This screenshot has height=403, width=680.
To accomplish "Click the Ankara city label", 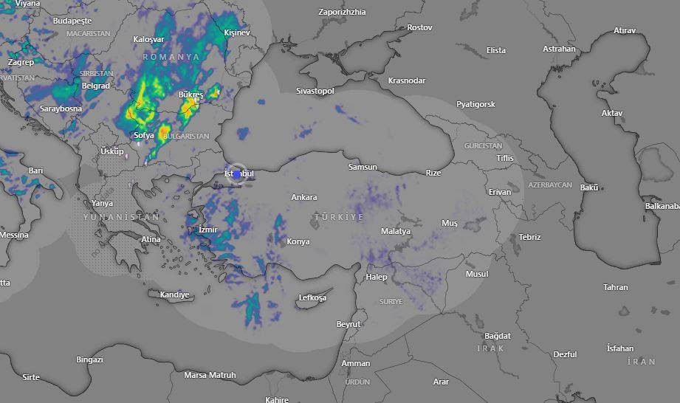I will click(304, 197).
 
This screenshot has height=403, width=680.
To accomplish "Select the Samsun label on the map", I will click(363, 168).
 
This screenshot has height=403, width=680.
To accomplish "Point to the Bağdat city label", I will click(497, 336).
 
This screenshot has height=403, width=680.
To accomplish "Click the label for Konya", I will click(298, 241).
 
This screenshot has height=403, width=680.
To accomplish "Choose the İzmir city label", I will click(208, 230).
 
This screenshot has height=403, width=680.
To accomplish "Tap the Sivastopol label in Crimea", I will click(315, 91).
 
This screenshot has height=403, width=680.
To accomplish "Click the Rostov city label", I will click(419, 27).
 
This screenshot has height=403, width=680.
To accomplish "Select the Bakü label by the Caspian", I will click(589, 187).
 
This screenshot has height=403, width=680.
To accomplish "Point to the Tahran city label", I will click(615, 287).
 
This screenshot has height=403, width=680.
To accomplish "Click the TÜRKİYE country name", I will click(339, 217).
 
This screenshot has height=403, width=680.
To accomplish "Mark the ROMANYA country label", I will click(171, 57).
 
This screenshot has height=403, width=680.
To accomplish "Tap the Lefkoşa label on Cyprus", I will click(312, 298).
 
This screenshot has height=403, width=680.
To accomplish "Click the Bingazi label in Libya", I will click(89, 359).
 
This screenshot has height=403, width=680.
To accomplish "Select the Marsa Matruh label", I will click(210, 375).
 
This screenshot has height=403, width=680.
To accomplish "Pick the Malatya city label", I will click(396, 231).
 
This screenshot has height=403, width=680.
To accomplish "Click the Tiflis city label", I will click(505, 159).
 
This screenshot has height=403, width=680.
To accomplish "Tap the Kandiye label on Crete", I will click(175, 294).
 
